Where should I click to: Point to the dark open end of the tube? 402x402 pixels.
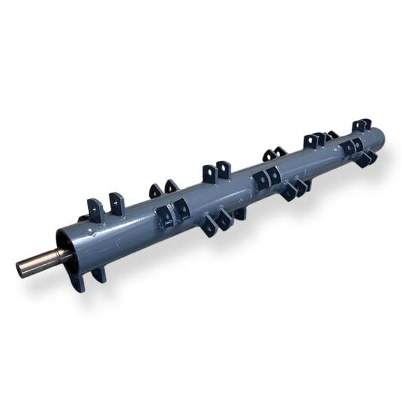65,248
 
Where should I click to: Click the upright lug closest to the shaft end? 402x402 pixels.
94,209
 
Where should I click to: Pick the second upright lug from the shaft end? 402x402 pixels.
116,204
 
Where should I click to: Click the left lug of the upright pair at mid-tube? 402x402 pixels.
207,173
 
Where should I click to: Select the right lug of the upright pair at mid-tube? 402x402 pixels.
224,170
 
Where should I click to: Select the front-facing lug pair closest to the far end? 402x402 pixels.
353,147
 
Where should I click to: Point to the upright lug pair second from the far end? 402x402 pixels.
315,141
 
